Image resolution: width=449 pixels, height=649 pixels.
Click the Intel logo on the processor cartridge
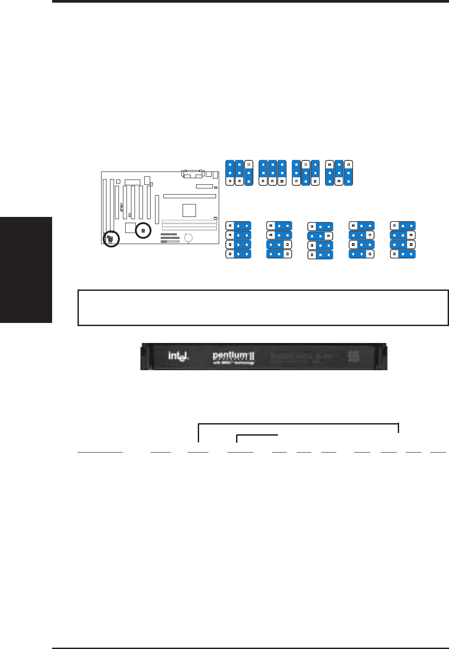pos(179,356)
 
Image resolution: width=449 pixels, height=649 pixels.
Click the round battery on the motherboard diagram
pos(189,238)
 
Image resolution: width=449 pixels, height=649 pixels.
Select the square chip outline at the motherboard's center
pos(189,210)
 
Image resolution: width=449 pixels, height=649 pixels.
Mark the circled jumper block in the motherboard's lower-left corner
pos(110,239)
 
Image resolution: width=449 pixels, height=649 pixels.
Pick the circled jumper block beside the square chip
pos(143,230)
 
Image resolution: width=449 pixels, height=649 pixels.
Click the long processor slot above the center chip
pos(189,196)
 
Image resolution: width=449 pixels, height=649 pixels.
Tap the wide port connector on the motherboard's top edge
pos(192,173)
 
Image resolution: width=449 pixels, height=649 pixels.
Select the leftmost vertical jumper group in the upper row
pos(239,172)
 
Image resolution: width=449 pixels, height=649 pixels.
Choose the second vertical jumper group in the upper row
pos(272,172)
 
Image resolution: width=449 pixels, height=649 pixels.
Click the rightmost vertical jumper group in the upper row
pos(339,172)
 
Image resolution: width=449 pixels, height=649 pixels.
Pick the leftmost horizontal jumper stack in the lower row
pos(238,240)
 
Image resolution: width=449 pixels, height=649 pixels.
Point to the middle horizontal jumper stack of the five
pos(320,241)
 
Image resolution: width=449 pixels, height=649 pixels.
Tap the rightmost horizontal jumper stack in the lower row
pos(403,240)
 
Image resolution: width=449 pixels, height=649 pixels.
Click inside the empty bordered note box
pos(263,308)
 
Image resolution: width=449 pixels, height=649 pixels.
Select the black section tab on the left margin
pos(26,270)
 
